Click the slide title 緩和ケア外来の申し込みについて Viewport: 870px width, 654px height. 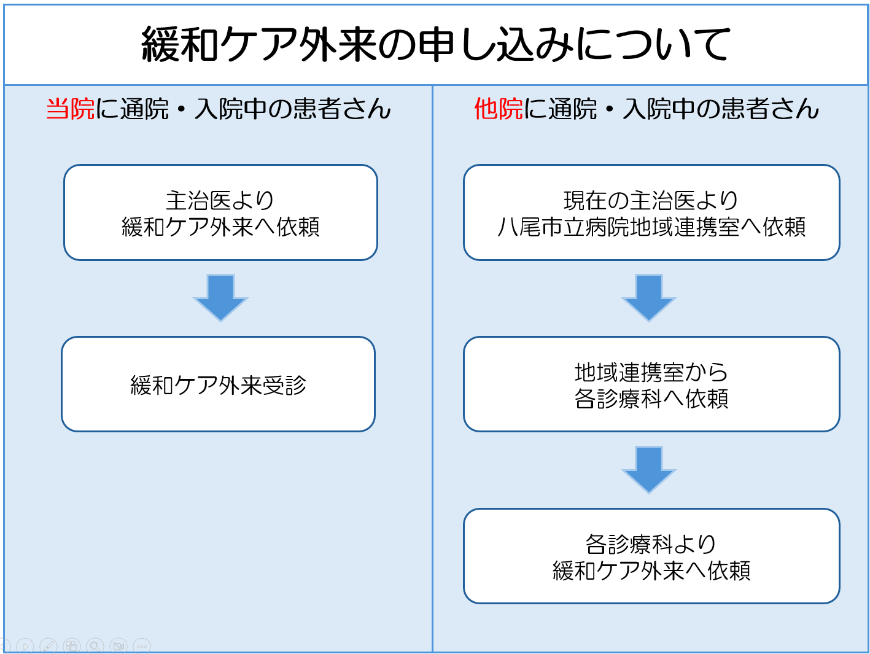[435, 45]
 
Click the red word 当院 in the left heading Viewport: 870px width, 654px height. [71, 109]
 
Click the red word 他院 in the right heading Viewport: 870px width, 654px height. [499, 109]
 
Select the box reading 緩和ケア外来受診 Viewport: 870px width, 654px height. [218, 384]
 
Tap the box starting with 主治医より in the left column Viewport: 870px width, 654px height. [220, 212]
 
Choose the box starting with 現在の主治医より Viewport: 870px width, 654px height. [651, 212]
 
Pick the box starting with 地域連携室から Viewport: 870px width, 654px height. [651, 384]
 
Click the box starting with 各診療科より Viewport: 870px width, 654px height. [651, 556]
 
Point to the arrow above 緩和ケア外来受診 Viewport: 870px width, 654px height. [220, 298]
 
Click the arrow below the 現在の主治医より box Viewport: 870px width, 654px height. [649, 298]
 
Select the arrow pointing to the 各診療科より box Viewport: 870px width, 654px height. [649, 470]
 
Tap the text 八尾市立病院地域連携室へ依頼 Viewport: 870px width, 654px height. [651, 227]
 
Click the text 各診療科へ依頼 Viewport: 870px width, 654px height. [651, 399]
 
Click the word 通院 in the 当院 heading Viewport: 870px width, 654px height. [144, 109]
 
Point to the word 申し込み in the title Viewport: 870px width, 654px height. [498, 45]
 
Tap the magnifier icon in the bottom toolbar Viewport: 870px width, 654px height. [95, 646]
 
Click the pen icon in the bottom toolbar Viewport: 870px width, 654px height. [49, 646]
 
